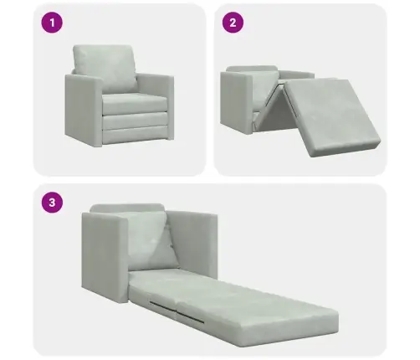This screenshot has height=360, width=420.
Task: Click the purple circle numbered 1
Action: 52,23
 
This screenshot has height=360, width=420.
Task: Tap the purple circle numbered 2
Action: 233,23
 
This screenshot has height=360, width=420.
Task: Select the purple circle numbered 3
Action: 52,202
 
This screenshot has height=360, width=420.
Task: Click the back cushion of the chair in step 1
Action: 105,69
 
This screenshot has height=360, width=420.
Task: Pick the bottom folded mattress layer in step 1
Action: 135,134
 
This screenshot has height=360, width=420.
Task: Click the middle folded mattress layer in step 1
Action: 135,120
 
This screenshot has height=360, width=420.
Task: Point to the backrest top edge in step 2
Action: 252,69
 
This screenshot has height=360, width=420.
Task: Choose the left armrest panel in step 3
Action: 105,257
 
